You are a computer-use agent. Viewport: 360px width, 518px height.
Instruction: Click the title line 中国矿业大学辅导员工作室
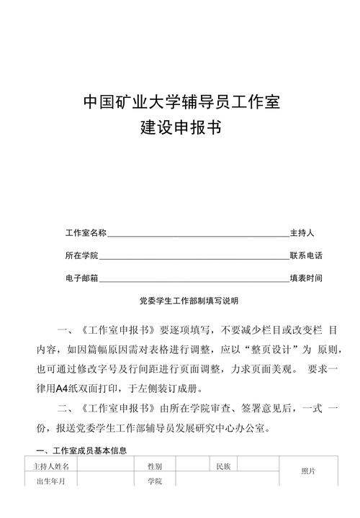[181, 102]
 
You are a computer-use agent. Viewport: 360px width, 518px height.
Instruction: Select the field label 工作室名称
[86, 233]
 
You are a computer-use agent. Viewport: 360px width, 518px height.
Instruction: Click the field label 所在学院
[81, 255]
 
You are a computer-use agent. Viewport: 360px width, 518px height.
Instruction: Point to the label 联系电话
[306, 255]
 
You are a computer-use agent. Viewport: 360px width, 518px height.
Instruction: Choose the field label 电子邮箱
[81, 278]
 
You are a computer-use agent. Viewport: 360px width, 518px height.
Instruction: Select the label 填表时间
[306, 278]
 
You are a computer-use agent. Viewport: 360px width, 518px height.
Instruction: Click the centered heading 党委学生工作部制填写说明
[181, 300]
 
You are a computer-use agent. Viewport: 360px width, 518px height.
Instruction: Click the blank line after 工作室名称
[198, 235]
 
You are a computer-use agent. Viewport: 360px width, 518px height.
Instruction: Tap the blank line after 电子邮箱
[194, 279]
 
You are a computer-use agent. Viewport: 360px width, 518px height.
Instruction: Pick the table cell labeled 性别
[154, 467]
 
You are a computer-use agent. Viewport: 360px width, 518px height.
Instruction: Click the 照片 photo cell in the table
[308, 471]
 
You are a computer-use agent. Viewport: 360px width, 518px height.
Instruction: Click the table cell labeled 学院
[154, 481]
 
